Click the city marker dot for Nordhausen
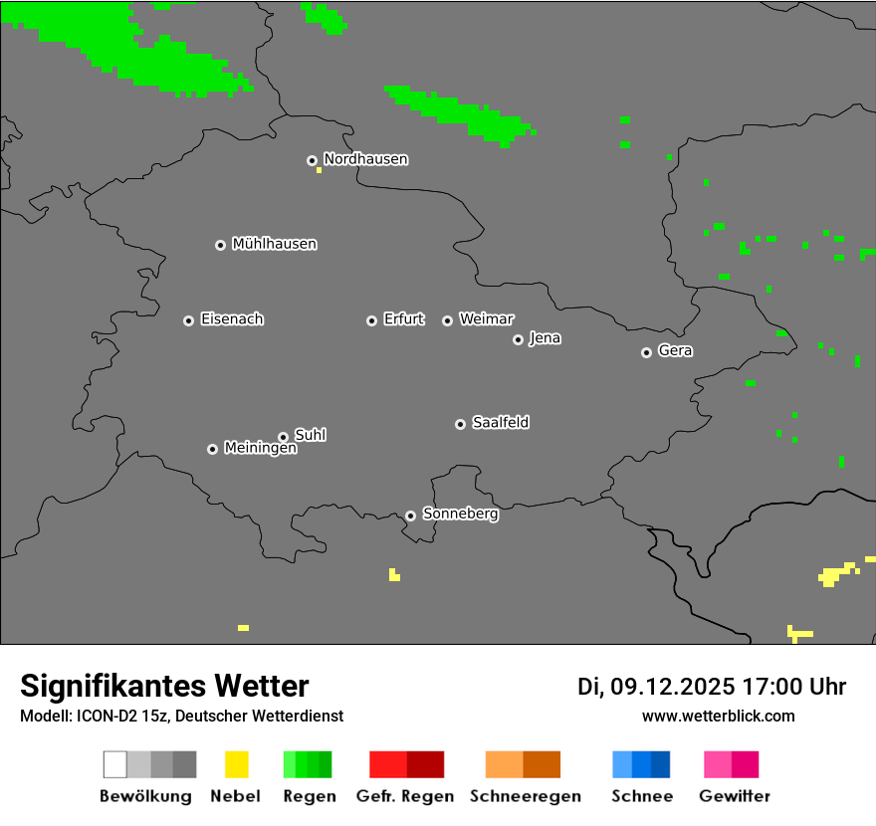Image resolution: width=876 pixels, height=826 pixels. coord(312,160)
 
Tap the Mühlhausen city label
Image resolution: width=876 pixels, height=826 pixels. coord(274,244)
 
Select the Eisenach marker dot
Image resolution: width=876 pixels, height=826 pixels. coord(188,320)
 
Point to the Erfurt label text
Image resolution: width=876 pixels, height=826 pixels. coord(403,319)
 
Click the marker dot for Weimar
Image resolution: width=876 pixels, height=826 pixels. coord(447,320)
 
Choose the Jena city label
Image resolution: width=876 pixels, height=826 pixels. coord(545,338)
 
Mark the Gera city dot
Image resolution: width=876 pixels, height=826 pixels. coord(646,352)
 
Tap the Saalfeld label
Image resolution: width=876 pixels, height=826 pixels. coord(500,423)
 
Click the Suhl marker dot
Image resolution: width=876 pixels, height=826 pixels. coord(283,437)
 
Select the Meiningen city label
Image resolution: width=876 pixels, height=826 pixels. coord(260,449)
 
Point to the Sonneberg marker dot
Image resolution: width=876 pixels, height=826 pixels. coord(410,516)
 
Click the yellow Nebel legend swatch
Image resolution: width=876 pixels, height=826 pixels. coord(236,764)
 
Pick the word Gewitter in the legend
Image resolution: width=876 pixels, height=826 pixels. coord(735,796)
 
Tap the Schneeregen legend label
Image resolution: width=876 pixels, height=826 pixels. coord(525,796)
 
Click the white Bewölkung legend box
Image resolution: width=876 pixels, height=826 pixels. coord(114,764)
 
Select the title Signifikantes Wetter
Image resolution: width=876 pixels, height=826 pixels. coord(164,687)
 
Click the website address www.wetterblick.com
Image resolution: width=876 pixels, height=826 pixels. coord(718,717)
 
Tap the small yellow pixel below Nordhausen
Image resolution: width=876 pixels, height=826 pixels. coord(319,170)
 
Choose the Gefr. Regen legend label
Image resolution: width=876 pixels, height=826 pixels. coord(405,796)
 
